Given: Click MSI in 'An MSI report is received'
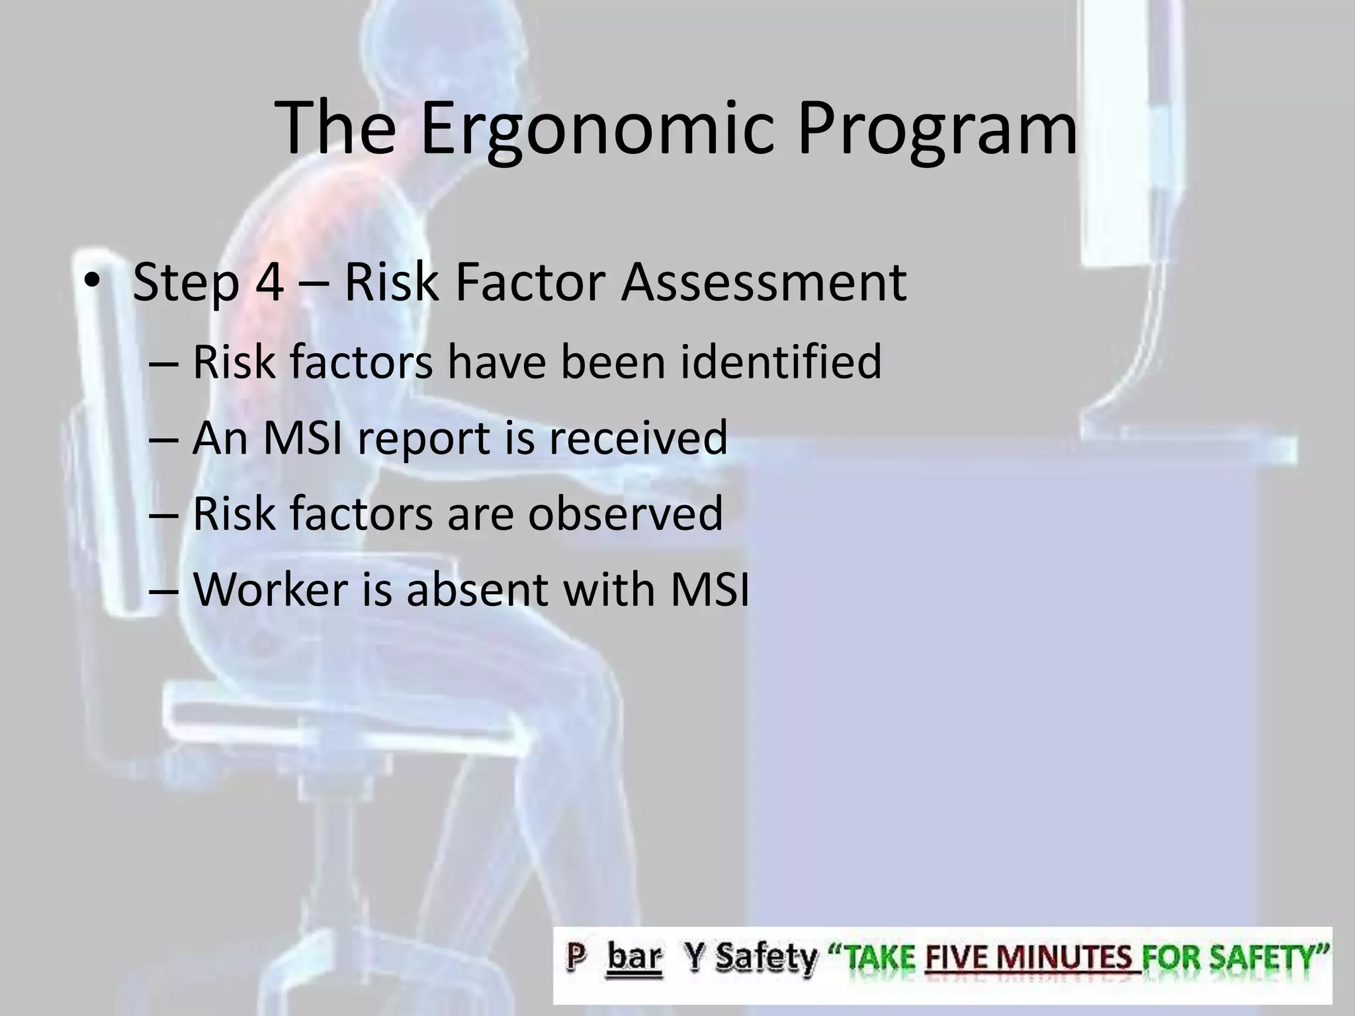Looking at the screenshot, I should pos(302,438).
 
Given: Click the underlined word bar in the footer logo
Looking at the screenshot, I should pos(633,956).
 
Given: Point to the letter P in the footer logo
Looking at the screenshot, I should pos(574,956).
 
